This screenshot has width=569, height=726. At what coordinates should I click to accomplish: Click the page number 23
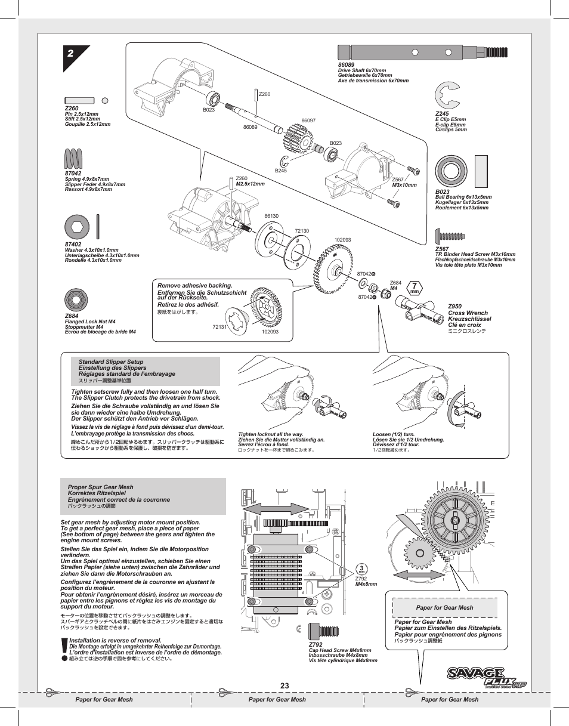284,686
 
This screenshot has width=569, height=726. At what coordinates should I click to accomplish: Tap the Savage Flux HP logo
486,676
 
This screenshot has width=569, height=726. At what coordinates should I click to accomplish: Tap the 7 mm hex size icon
414,288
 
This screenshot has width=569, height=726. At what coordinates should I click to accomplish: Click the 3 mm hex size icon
361,569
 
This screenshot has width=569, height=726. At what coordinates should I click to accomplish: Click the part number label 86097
308,121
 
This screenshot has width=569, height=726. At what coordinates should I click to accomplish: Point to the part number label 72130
302,231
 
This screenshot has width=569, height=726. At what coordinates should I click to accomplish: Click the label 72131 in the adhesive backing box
219,327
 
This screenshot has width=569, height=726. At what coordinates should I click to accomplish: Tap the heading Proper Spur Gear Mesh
100,487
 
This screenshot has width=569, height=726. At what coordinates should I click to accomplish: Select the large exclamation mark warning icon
64,649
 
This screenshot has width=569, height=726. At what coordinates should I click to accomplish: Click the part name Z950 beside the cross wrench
454,307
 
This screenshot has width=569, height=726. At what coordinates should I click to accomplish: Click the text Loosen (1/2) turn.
393,435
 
